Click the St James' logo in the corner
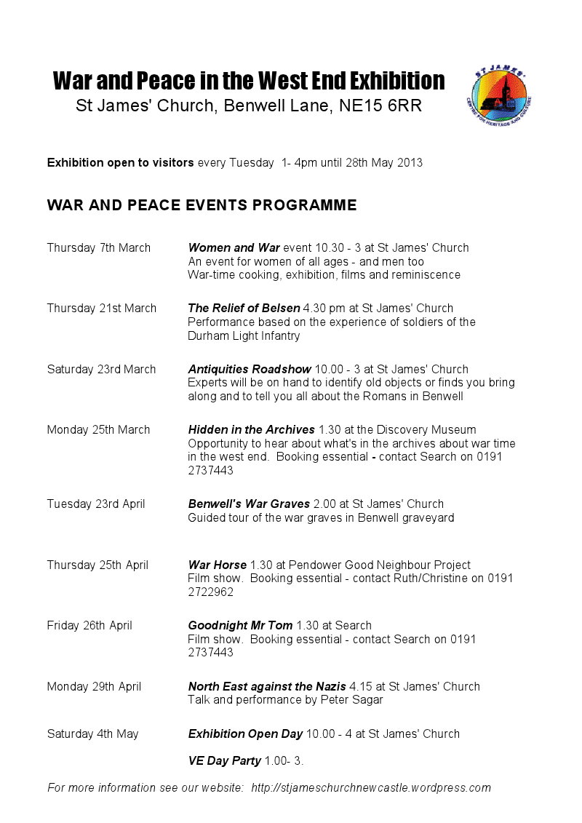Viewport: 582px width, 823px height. click(503, 96)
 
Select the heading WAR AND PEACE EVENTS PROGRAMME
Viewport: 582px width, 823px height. click(202, 205)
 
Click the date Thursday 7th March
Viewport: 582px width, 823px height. click(99, 248)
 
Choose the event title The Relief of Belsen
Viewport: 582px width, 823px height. click(244, 309)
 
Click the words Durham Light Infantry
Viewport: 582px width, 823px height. click(244, 336)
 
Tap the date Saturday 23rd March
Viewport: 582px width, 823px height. click(101, 370)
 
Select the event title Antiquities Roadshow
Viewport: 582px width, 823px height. click(250, 370)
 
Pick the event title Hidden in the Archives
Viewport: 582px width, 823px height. click(251, 430)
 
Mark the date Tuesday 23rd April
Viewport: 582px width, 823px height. click(96, 504)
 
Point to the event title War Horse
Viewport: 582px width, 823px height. click(217, 565)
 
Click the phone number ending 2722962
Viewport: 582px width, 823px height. click(210, 592)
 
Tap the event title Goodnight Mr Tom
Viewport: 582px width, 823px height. click(240, 626)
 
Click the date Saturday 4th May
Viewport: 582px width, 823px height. click(92, 734)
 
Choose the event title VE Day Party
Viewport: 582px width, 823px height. click(224, 761)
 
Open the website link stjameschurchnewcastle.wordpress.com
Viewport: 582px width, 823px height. click(371, 788)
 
